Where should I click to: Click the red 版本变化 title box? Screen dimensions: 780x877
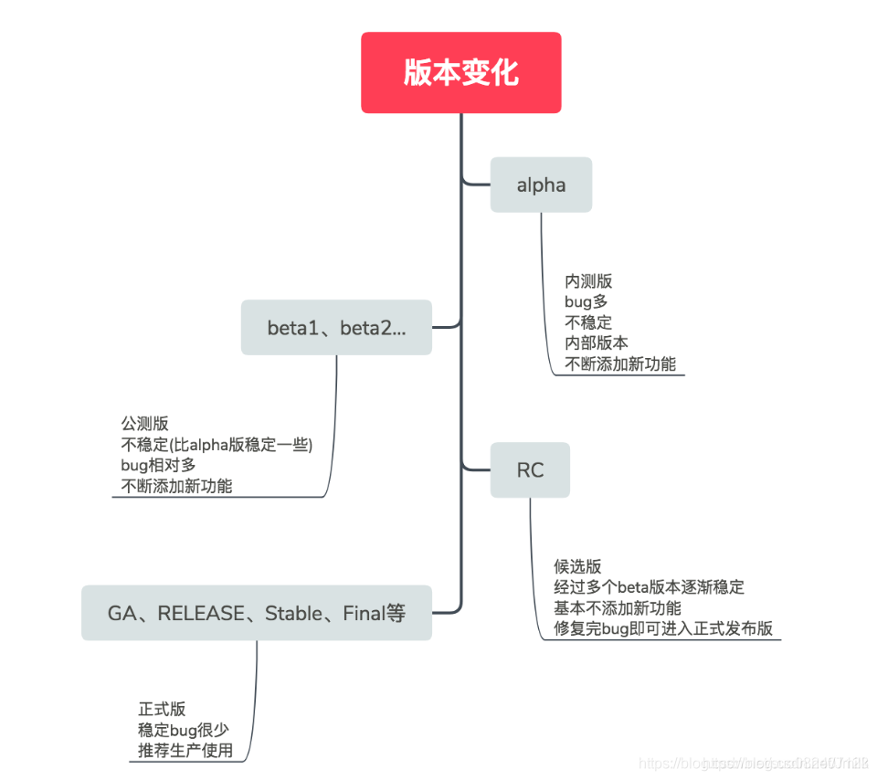[460, 73]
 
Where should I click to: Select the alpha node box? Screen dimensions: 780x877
[541, 185]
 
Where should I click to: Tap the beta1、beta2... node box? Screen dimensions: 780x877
[336, 328]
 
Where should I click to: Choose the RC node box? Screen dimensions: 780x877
[530, 470]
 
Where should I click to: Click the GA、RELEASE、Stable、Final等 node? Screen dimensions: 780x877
[257, 613]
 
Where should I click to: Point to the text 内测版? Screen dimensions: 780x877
[588, 281]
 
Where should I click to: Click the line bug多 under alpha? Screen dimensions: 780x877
[586, 301]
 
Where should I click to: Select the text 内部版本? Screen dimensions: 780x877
[597, 343]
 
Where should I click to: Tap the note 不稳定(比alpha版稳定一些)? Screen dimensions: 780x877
[217, 445]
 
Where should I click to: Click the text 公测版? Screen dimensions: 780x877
[144, 424]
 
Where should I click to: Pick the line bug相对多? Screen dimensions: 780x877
[158, 465]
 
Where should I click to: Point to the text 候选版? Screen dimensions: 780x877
[577, 566]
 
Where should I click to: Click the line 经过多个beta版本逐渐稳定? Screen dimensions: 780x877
[649, 587]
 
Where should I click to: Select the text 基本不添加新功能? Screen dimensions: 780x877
[617, 608]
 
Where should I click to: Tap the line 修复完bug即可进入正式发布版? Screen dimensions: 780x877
[663, 628]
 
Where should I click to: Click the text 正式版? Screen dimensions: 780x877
[162, 709]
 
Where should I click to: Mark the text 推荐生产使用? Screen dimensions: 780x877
[185, 751]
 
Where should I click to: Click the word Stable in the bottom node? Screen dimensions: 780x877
[292, 614]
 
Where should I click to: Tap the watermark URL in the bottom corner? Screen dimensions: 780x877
[753, 763]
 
